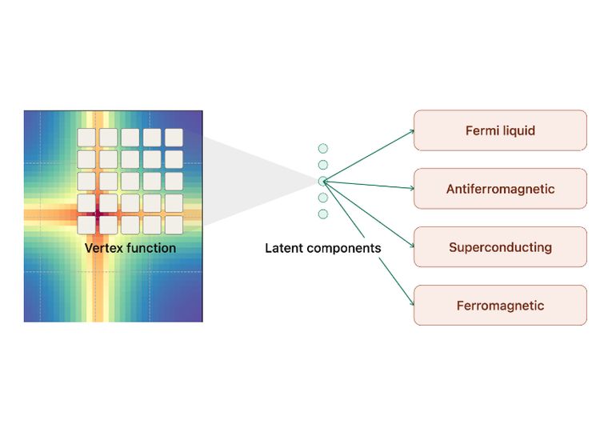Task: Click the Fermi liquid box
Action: pos(500,130)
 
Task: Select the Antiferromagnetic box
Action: pos(500,189)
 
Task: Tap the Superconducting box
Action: pos(500,246)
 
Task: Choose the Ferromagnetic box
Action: pos(500,306)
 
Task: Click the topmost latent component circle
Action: pos(323,148)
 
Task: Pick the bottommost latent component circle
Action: pos(323,214)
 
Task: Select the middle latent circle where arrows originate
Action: pos(323,181)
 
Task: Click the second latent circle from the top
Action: pos(323,165)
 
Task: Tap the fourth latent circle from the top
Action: pos(323,198)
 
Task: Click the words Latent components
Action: pos(323,248)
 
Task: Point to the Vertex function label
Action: pos(130,248)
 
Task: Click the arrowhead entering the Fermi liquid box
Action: pos(412,132)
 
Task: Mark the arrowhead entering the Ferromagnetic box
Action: pos(412,302)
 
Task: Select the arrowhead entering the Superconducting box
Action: pos(412,245)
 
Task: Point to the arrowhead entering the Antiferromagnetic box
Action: pos(412,189)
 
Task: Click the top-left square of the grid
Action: pos(86,138)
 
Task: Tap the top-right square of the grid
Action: pos(174,138)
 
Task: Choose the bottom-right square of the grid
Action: pos(174,225)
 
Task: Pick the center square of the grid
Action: pos(130,181)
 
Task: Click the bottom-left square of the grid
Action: pos(86,225)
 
